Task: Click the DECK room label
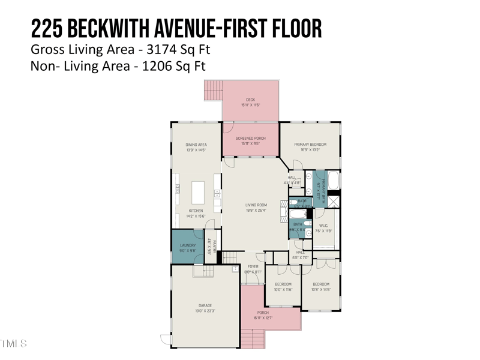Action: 250,100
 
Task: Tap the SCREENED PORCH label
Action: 250,139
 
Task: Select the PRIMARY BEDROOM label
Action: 310,145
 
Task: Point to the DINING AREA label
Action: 196,145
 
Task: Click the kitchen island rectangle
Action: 198,193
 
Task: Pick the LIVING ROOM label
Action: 256,205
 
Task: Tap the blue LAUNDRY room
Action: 188,247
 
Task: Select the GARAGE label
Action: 205,306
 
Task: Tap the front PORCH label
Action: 263,313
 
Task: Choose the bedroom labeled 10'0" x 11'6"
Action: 283,284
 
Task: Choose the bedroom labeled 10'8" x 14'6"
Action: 320,284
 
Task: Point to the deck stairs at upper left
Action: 213,91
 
